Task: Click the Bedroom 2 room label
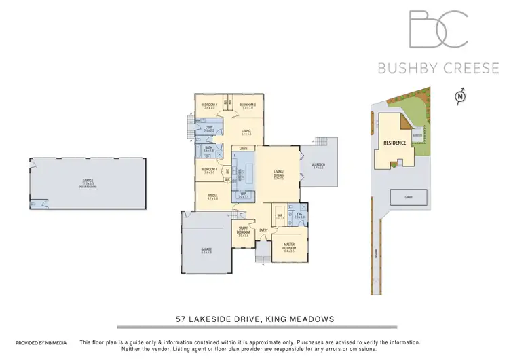pos(208,105)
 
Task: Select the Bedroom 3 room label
pos(247,105)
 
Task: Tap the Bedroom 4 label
pos(209,170)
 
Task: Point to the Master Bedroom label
pos(290,249)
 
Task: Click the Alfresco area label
pos(318,166)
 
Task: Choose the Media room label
pos(212,196)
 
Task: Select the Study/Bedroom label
pos(243,231)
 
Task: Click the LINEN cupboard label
pos(242,147)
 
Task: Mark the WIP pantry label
pos(243,194)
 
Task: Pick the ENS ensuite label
pos(299,215)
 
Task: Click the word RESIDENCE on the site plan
pos(395,143)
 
